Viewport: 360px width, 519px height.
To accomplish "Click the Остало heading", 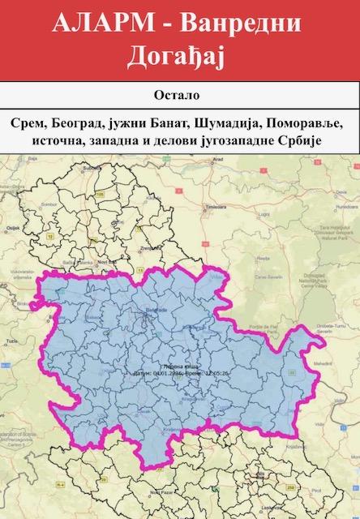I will (x=179, y=96).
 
